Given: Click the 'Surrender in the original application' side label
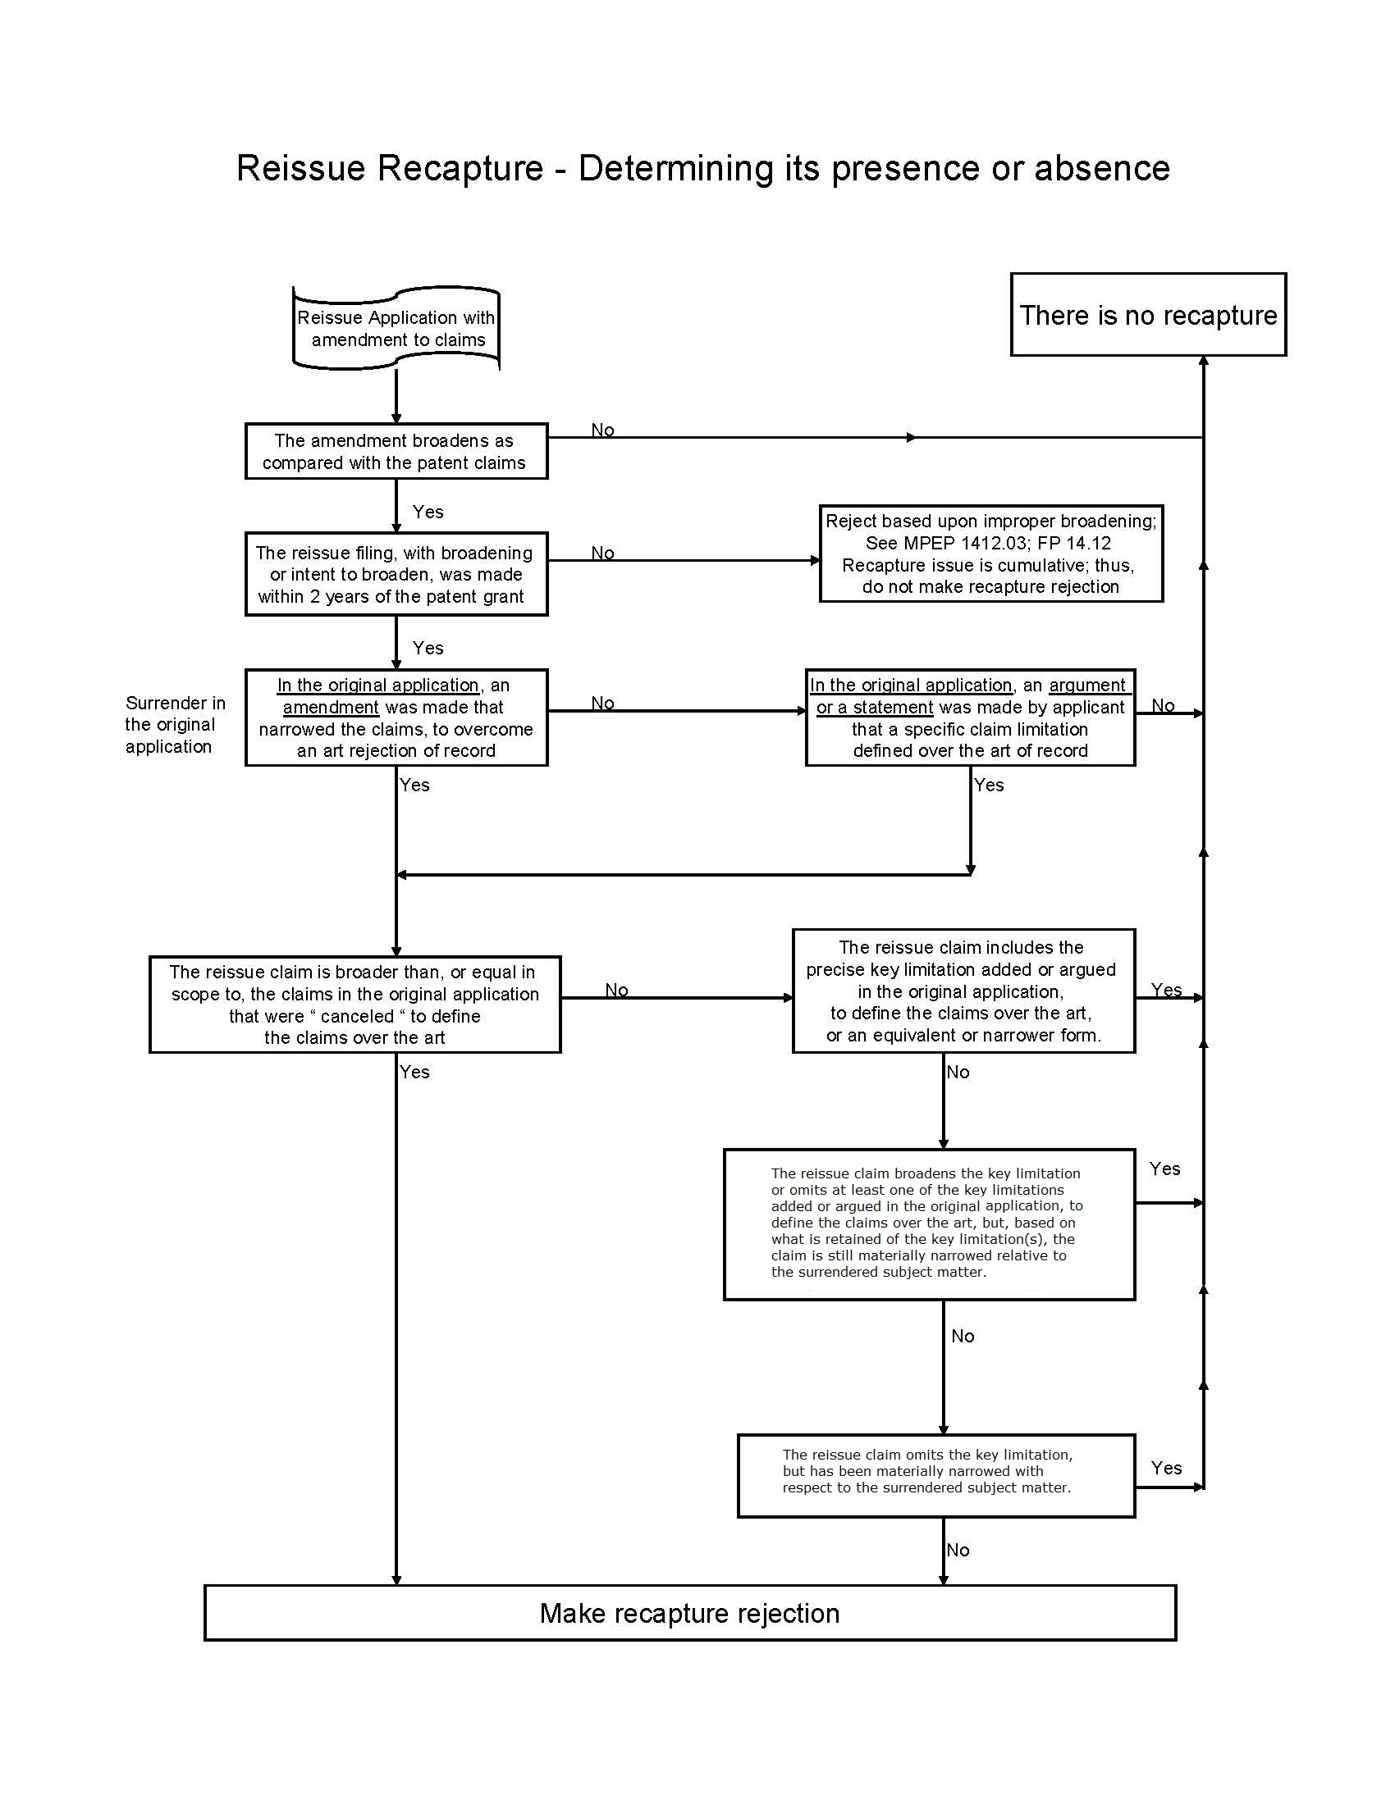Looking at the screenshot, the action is (x=176, y=724).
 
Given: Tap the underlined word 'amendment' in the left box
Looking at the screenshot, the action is (x=331, y=708).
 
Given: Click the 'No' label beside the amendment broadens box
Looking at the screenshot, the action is (x=602, y=430).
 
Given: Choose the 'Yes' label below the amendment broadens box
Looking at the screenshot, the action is (x=428, y=512).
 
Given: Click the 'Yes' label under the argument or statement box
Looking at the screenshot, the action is (x=989, y=785).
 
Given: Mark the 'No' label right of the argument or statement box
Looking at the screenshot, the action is (x=1163, y=705).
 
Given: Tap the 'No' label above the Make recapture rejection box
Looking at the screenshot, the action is (x=958, y=1551).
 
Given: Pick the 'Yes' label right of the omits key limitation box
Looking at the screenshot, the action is (x=1166, y=1468).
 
